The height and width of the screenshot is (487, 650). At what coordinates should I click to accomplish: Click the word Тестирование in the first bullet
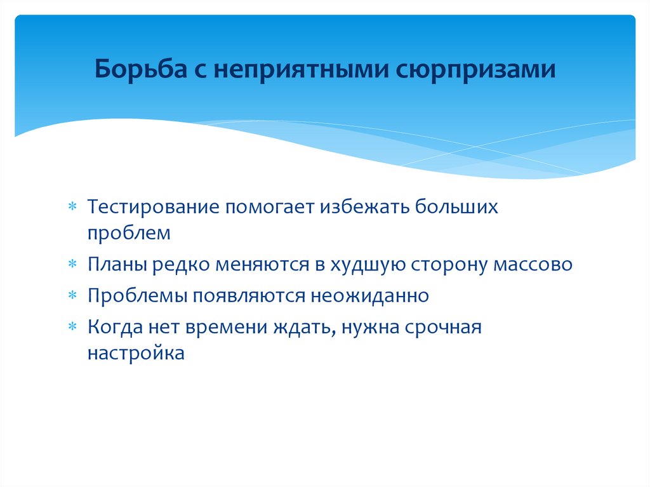click(154, 208)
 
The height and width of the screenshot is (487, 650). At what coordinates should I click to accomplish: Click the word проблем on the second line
click(129, 232)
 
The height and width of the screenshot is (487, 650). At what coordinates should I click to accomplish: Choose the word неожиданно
click(369, 296)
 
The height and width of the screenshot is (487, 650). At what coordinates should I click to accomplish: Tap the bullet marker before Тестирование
click(73, 208)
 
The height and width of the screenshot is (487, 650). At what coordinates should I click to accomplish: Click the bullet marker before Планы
click(73, 265)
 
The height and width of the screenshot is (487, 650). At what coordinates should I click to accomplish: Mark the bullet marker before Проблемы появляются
click(73, 297)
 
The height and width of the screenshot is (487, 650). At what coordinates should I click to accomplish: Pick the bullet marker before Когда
click(73, 328)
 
